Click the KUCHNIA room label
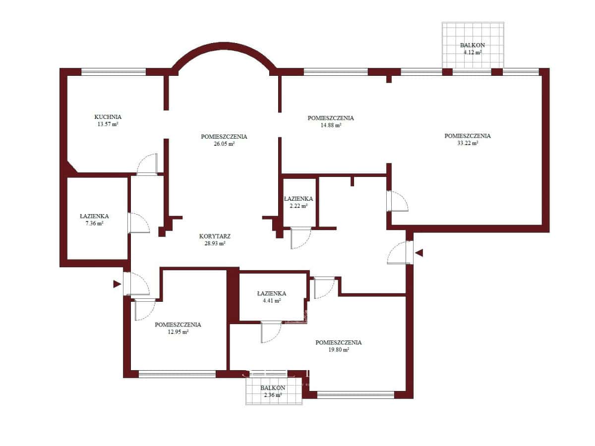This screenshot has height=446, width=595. pyautogui.click(x=108, y=117)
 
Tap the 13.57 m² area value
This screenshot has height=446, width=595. pyautogui.click(x=108, y=124)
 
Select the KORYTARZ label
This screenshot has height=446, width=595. pyautogui.click(x=215, y=236)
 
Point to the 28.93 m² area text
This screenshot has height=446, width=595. pyautogui.click(x=215, y=243)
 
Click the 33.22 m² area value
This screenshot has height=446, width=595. pyautogui.click(x=468, y=143)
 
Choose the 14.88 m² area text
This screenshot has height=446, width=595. pyautogui.click(x=331, y=125)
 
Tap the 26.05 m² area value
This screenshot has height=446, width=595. pyautogui.click(x=224, y=144)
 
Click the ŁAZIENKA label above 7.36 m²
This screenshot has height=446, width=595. pyautogui.click(x=94, y=216)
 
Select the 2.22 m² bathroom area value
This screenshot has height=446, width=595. pyautogui.click(x=298, y=206)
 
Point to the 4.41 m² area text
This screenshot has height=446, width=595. pyautogui.click(x=272, y=301)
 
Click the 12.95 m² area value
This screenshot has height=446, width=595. pyautogui.click(x=178, y=332)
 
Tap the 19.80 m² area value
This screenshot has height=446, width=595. pyautogui.click(x=339, y=349)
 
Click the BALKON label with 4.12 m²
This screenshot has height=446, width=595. pyautogui.click(x=472, y=45)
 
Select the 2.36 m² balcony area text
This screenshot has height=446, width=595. pyautogui.click(x=273, y=395)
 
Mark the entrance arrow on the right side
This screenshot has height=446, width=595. pyautogui.click(x=419, y=253)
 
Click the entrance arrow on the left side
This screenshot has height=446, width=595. pyautogui.click(x=117, y=284)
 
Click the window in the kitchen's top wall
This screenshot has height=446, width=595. pyautogui.click(x=114, y=72)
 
